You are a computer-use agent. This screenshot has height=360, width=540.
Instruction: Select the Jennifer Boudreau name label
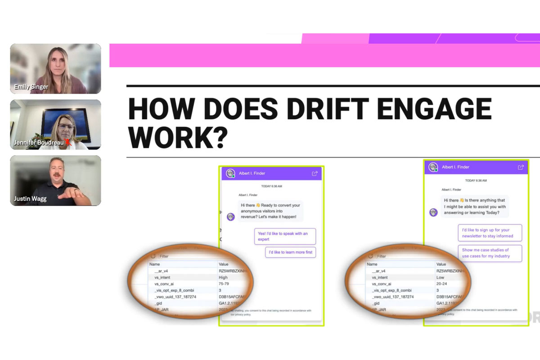38,143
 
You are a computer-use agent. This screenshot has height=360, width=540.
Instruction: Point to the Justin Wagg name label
30,198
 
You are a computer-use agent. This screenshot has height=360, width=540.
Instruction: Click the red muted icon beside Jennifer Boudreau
68,143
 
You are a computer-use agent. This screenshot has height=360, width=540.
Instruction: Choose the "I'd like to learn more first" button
290,252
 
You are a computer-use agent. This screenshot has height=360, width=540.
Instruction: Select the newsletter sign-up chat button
490,233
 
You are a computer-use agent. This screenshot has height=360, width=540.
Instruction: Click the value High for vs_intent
223,278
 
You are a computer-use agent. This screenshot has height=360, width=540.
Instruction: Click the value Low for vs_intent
440,278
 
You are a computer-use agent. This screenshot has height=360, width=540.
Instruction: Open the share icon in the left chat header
315,173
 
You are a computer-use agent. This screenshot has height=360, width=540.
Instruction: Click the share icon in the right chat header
521,167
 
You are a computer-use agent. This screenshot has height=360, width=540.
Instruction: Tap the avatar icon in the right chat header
433,167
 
